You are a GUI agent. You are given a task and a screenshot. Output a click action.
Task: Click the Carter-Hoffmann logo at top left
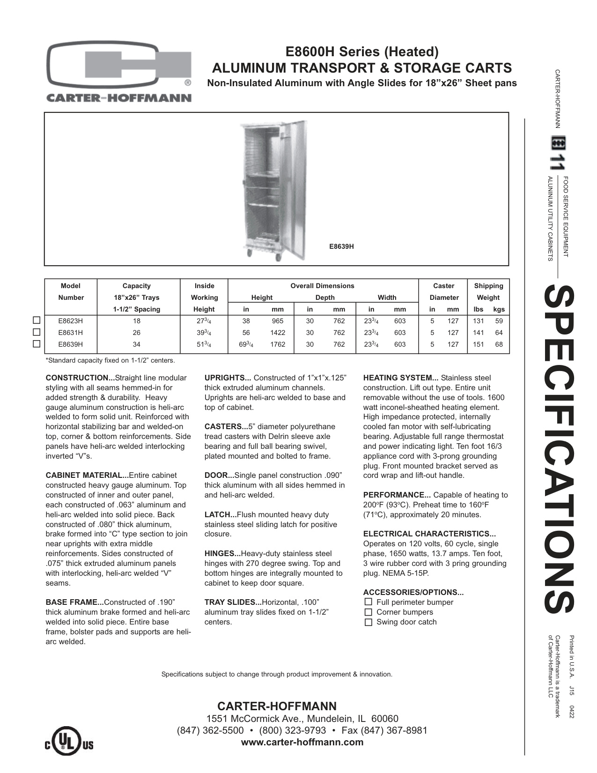point(118,71)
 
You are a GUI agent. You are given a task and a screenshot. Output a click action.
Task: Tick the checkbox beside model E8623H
point(37,321)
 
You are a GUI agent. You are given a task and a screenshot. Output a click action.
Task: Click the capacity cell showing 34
point(136,345)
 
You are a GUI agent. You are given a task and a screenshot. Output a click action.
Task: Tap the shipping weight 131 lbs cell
point(478,321)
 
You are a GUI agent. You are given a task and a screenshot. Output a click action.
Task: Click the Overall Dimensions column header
point(322,286)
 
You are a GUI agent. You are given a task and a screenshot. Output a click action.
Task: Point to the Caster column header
point(443,286)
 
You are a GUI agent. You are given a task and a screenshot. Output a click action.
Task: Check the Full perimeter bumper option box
point(368,602)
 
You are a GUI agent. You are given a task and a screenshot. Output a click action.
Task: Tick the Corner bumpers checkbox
point(368,612)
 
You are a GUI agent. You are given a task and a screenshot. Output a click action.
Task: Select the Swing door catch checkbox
point(368,622)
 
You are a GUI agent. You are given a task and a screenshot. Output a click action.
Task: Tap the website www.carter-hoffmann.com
point(302,742)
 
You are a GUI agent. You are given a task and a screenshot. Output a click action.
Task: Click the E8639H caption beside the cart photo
point(341,246)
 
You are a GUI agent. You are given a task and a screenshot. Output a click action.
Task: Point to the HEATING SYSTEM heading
point(400,378)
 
